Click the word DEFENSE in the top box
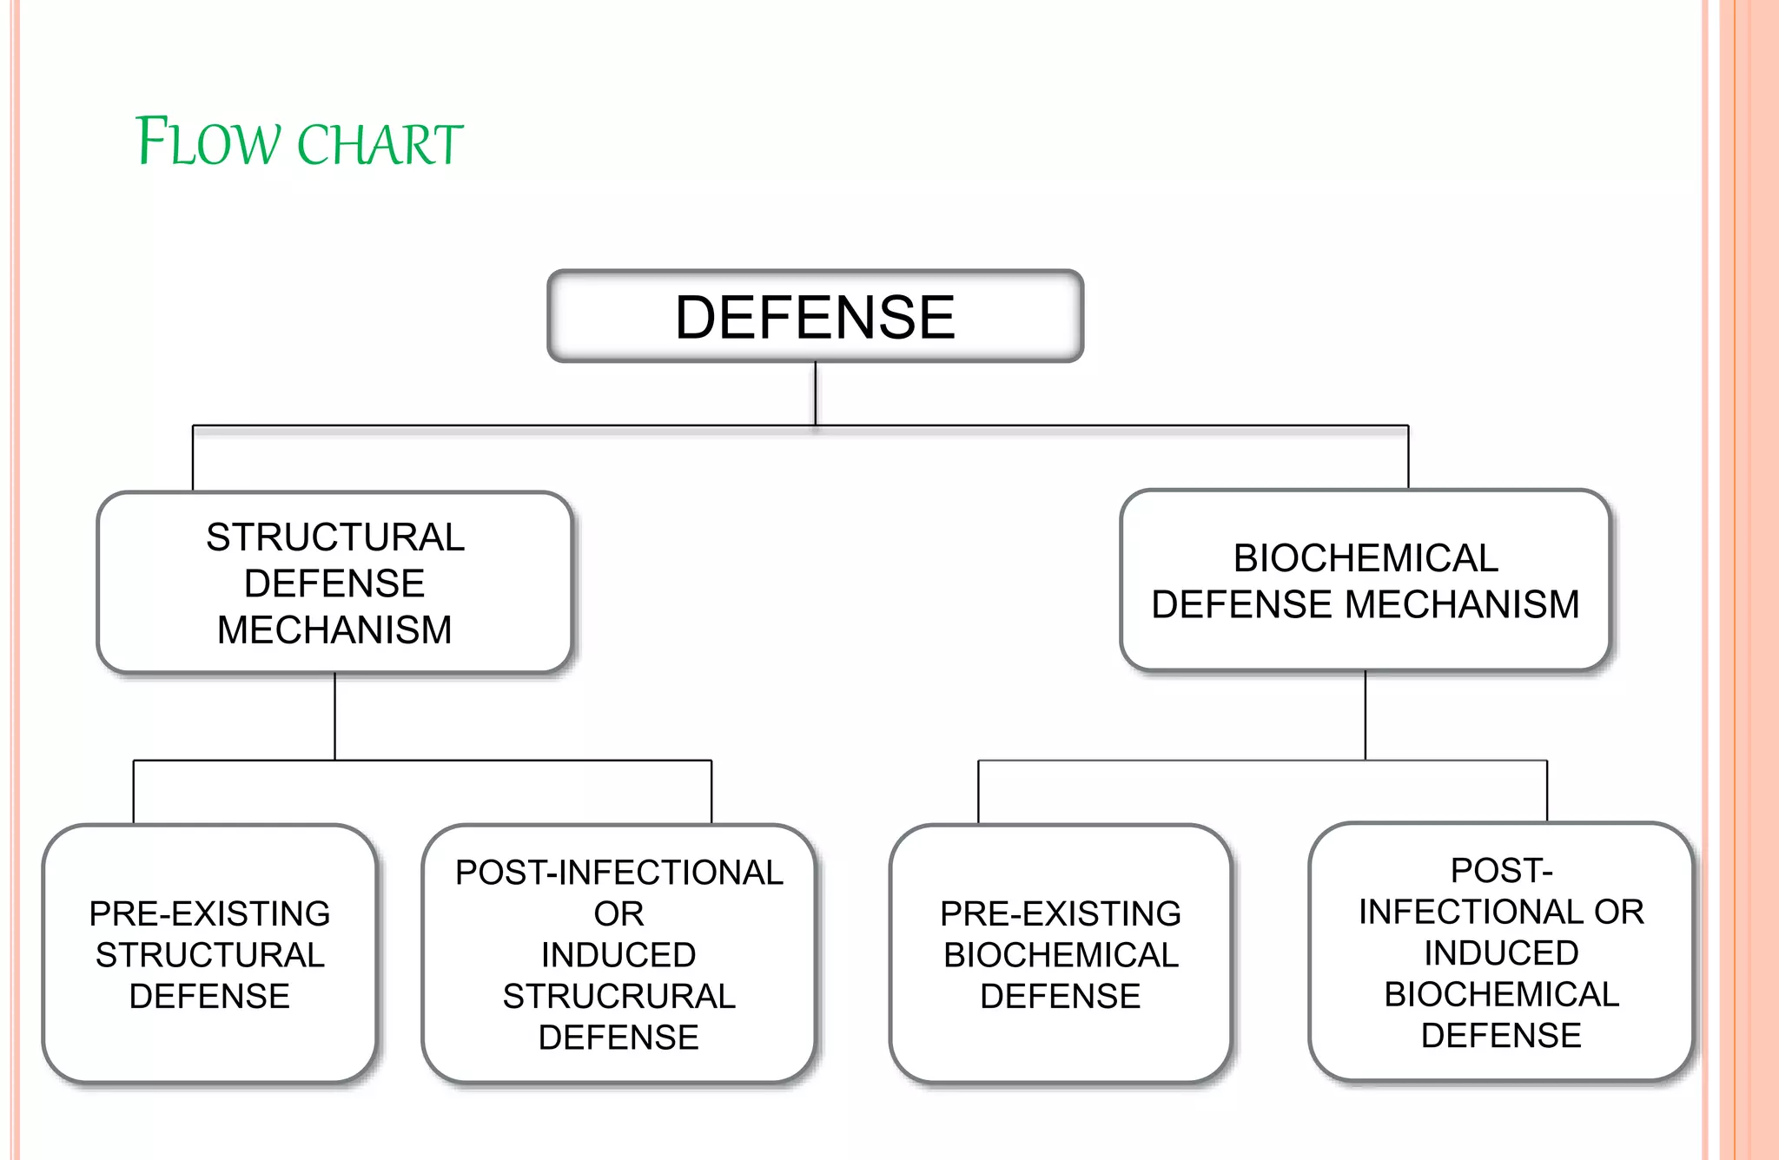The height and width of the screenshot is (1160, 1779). [815, 318]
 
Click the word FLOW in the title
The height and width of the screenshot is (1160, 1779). [208, 142]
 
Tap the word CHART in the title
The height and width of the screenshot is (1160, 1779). [380, 144]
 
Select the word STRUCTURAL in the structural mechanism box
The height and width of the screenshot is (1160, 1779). [335, 537]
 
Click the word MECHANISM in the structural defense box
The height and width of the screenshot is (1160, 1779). [334, 630]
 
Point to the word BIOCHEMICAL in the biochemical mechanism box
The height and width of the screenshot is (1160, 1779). [1366, 558]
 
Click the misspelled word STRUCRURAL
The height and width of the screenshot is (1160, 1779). [618, 997]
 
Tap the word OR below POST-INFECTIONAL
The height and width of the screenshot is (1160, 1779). [618, 914]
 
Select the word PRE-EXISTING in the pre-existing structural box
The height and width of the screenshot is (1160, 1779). [209, 914]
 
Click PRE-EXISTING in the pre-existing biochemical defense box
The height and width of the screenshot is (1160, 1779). [1060, 914]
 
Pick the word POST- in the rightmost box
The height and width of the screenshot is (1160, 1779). [1501, 871]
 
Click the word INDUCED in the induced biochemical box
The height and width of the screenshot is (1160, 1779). [1501, 953]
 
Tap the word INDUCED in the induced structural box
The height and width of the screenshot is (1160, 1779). [618, 955]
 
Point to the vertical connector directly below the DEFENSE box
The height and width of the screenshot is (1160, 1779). [815, 392]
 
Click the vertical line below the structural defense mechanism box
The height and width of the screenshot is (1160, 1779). [334, 716]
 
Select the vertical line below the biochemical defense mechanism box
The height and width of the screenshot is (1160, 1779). [1365, 715]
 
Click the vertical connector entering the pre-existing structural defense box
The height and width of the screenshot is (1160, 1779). [134, 792]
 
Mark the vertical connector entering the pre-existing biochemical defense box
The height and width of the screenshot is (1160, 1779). [978, 792]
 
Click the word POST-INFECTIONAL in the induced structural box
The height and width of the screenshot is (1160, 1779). [618, 873]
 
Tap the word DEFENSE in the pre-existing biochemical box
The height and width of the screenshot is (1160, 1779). [1060, 997]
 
